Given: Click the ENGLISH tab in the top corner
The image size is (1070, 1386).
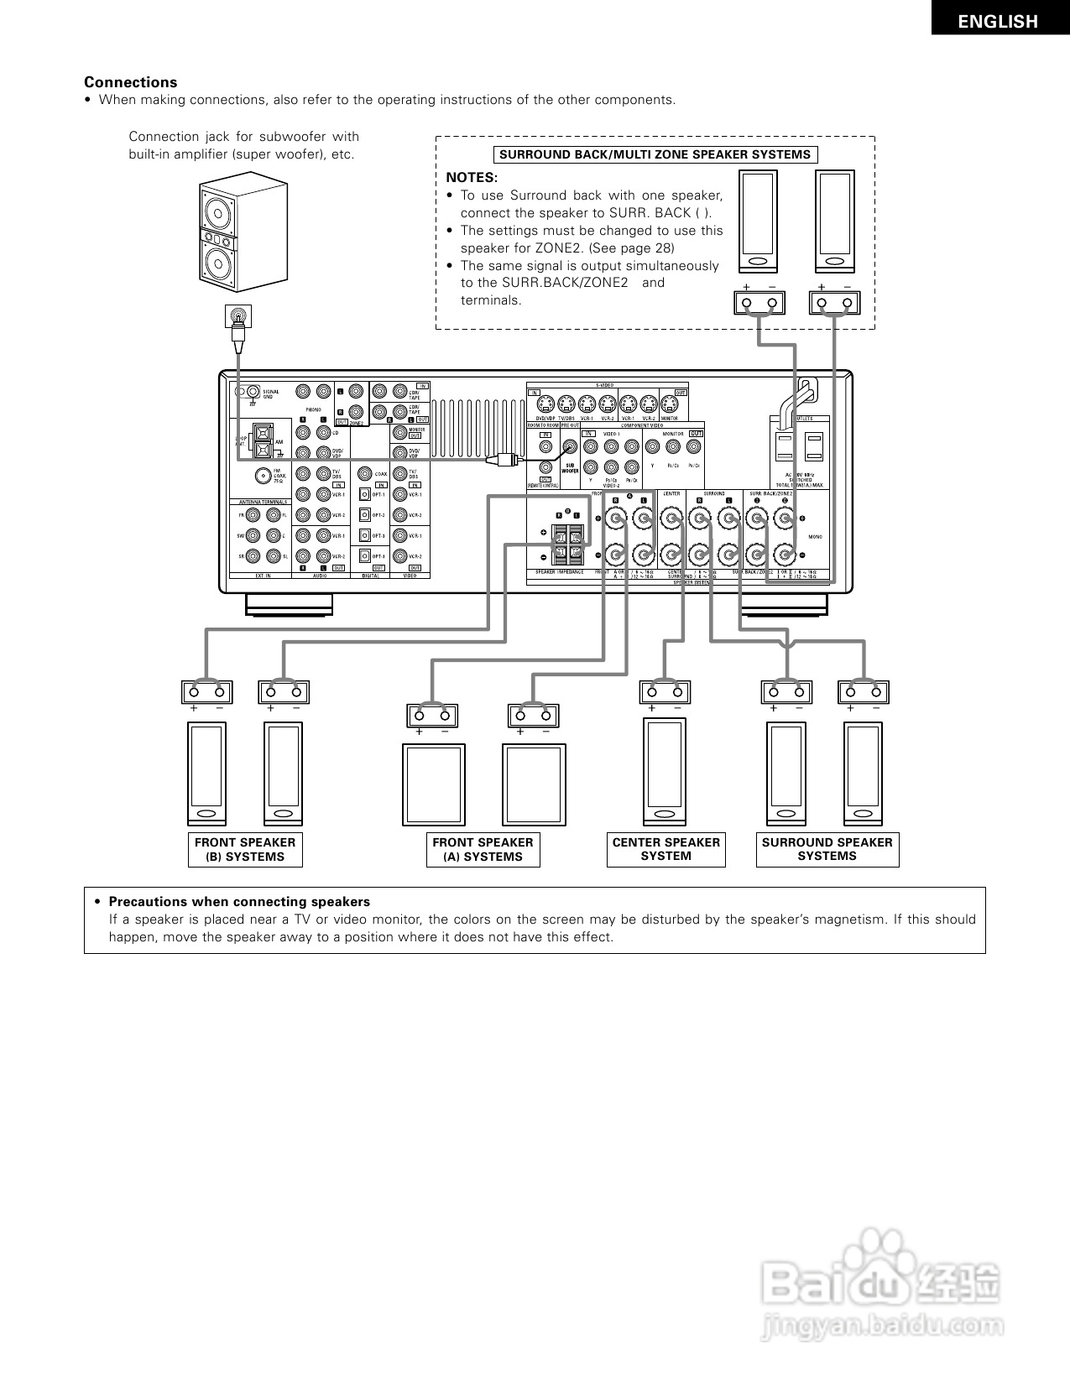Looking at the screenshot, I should pos(998,23).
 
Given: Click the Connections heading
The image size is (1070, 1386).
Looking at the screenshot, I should pos(130,82).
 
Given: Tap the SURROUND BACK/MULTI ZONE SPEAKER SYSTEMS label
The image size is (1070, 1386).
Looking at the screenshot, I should pos(655,154).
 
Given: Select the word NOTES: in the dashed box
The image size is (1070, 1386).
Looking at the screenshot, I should pos(472,178).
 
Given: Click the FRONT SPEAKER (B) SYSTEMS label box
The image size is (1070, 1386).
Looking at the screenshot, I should pos(245,849).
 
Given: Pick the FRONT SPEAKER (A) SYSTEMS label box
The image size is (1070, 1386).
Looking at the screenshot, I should pos(483,849).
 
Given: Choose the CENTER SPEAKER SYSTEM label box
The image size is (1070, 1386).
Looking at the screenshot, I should pos(666,849).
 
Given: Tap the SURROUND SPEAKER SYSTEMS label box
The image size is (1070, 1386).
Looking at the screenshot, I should pos(827,849).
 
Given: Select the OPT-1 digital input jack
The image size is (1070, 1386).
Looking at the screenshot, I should pos(365,495).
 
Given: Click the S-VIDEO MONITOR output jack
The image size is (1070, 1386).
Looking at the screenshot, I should pos(671,402).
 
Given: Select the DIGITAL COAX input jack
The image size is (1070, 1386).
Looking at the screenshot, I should pos(364,474).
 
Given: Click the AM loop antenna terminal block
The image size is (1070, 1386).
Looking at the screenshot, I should pos(263,441).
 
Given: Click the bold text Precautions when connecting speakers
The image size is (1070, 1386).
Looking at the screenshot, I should pos(239,902).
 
